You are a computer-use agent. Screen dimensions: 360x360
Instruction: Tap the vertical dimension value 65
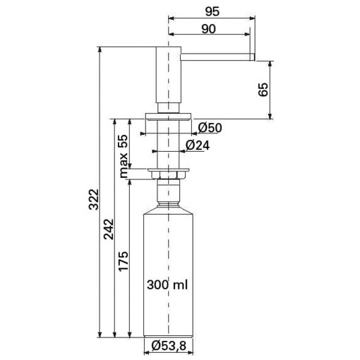point(263,89)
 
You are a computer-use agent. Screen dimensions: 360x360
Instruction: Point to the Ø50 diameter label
point(210,128)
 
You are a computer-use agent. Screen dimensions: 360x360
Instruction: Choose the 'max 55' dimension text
point(122,156)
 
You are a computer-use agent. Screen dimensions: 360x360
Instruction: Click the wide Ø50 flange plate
point(168,115)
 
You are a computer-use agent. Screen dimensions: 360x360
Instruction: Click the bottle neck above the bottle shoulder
point(168,192)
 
